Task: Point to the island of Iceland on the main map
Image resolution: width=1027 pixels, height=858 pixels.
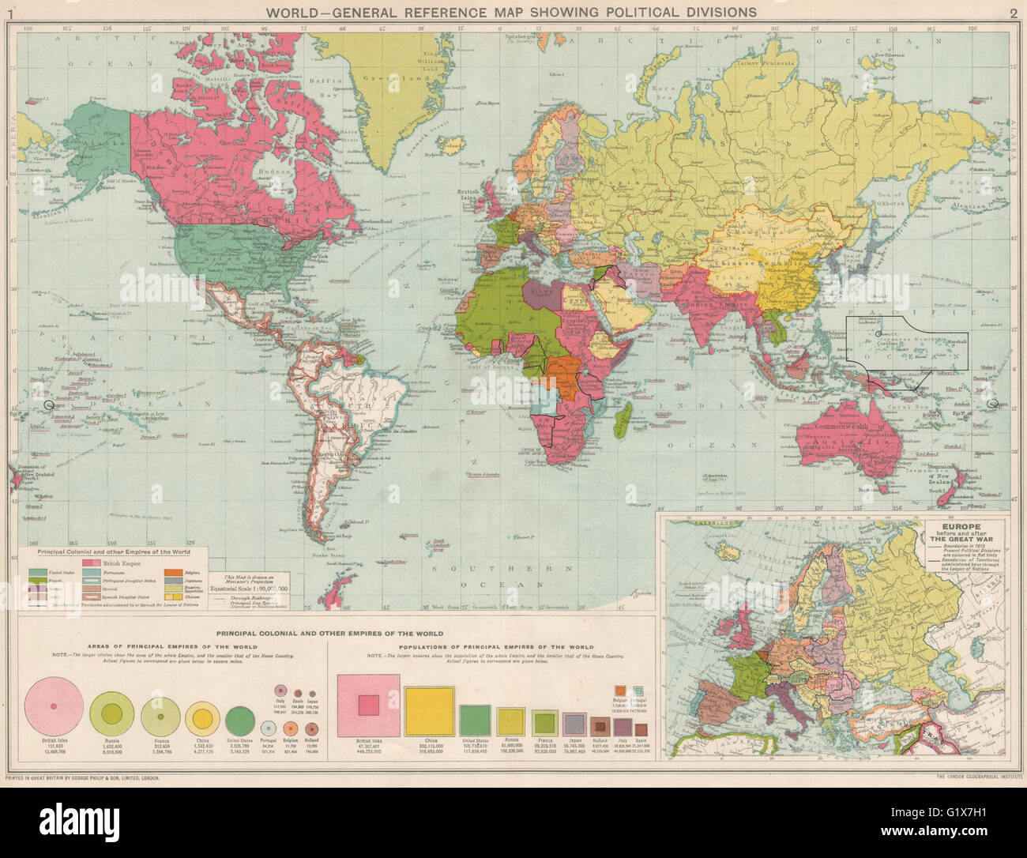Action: click(453, 146)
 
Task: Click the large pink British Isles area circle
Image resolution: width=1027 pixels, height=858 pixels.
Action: click(55, 706)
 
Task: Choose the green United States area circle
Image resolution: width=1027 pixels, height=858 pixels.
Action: click(239, 719)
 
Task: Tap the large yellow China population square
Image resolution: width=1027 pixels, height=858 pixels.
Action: click(429, 711)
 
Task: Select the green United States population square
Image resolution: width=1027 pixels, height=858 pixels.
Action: click(474, 720)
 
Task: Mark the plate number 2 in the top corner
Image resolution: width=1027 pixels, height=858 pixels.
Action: click(1014, 12)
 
